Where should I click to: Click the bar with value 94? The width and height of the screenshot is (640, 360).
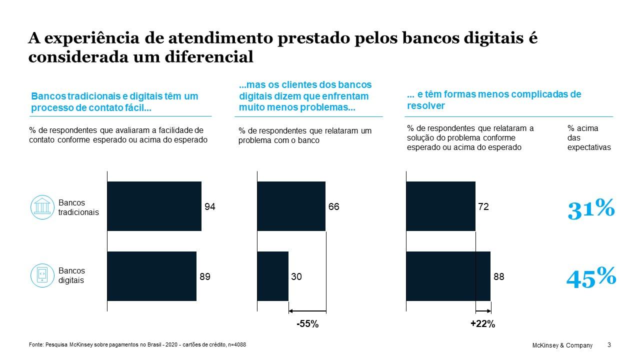(x=154, y=206)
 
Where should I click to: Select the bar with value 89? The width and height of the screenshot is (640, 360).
(x=151, y=276)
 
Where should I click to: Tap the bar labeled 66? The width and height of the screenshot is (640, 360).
(x=291, y=206)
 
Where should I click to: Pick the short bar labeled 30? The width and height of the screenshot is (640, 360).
(x=272, y=276)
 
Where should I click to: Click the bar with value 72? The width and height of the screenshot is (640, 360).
(x=440, y=206)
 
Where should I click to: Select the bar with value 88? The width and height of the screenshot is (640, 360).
(x=448, y=276)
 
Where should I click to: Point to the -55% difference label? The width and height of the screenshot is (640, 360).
(x=307, y=324)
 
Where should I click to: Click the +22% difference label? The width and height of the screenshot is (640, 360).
(x=482, y=324)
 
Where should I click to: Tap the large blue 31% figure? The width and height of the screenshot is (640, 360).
(x=590, y=209)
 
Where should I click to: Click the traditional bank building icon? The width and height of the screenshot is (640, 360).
(x=42, y=207)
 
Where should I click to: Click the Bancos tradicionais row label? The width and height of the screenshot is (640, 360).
(x=78, y=207)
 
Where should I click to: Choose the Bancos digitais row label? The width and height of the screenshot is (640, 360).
(x=71, y=275)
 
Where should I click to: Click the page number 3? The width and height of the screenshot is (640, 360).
(x=608, y=345)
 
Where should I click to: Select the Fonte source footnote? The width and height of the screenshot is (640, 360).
(x=137, y=344)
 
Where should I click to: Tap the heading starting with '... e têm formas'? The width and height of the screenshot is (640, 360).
(x=494, y=99)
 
